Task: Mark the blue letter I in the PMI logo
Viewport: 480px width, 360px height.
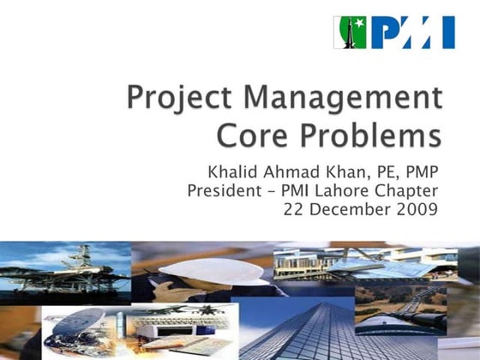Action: coord(447,33)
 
